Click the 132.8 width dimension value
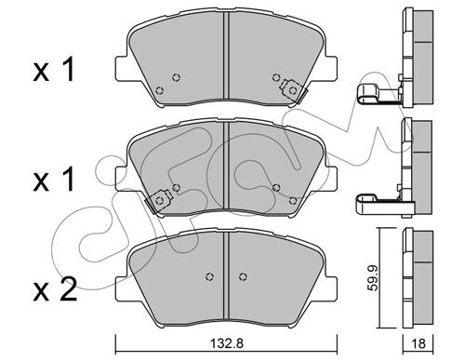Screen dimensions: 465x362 (227, 343)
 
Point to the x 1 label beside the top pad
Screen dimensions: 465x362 (54, 71)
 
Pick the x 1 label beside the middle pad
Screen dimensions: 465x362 (54, 179)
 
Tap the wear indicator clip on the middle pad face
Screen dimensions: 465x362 (159, 201)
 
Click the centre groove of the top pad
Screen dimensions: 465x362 (226, 55)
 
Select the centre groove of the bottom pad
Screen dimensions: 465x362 (226, 275)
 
